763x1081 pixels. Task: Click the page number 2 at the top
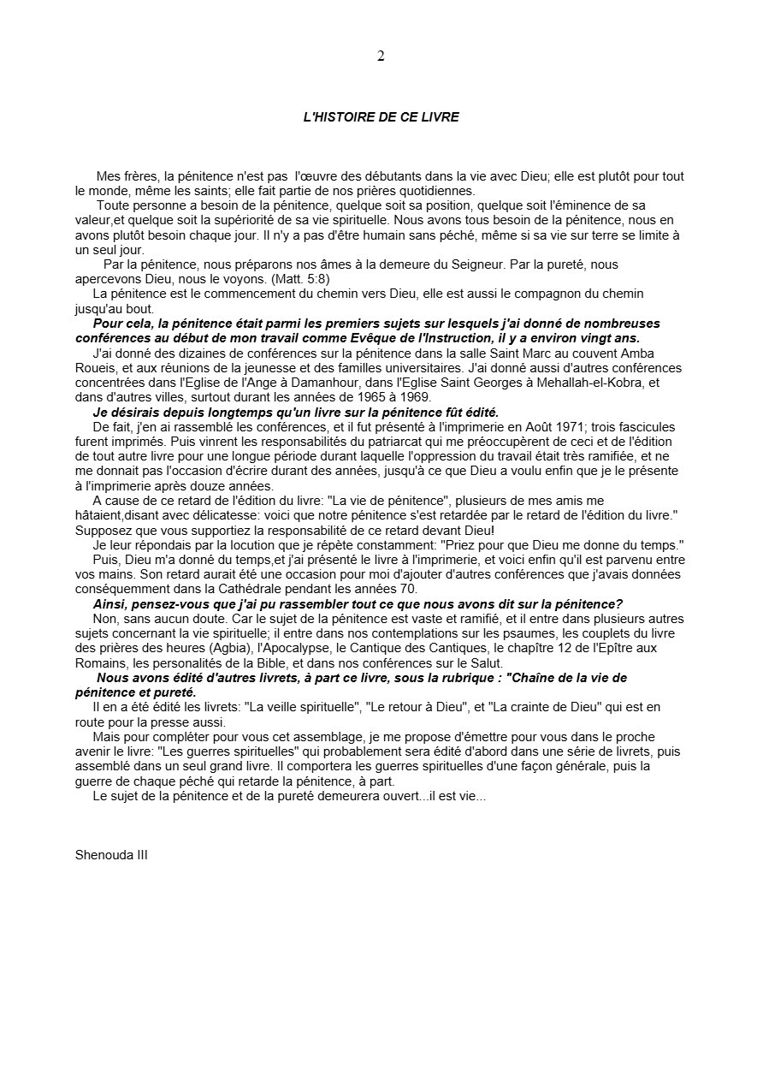click(x=381, y=56)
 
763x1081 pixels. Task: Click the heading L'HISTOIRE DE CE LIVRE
click(x=381, y=117)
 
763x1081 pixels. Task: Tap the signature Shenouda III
click(x=111, y=854)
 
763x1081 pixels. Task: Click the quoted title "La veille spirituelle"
click(x=301, y=707)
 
